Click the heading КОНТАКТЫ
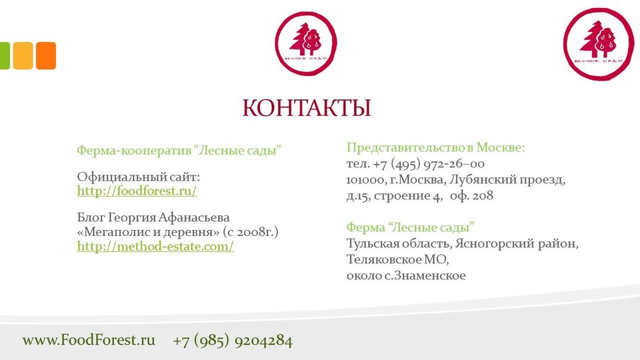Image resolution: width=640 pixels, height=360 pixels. tap(307, 108)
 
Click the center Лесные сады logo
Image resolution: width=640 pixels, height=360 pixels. tap(306, 43)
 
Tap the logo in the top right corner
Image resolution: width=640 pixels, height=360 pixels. tap(599, 44)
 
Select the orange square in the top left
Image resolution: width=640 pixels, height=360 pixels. tap(46, 55)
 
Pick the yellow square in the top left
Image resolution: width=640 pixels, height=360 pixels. tap(23, 55)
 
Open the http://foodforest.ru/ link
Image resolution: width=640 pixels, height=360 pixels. tap(137, 191)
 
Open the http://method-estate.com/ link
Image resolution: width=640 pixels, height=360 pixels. tap(155, 247)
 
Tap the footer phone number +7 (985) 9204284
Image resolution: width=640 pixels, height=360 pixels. tap(233, 341)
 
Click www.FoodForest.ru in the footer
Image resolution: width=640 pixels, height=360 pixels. tap(89, 340)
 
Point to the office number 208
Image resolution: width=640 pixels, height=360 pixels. tap(483, 195)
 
